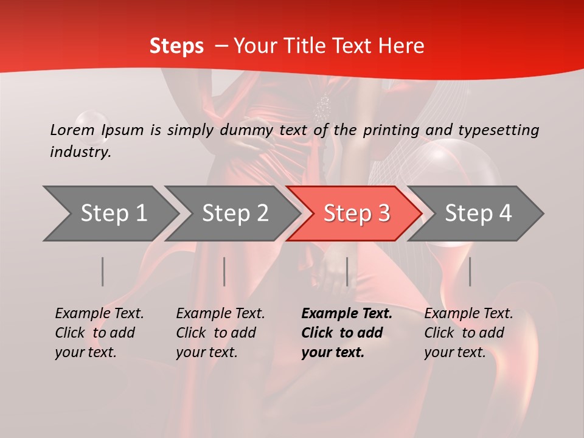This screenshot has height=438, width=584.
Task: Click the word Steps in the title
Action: pyautogui.click(x=176, y=46)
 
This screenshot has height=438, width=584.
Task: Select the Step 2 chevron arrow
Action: pyautogui.click(x=235, y=214)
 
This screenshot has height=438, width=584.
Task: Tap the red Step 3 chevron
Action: pyautogui.click(x=356, y=214)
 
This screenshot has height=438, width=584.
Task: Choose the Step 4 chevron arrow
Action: pyautogui.click(x=478, y=214)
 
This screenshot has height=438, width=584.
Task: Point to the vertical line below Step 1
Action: pyautogui.click(x=103, y=271)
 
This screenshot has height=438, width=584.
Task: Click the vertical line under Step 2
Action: pyautogui.click(x=224, y=271)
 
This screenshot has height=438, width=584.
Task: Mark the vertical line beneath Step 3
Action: pyautogui.click(x=347, y=271)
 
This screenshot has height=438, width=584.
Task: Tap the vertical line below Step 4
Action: pyautogui.click(x=470, y=271)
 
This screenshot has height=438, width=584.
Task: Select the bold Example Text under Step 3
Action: pyautogui.click(x=347, y=333)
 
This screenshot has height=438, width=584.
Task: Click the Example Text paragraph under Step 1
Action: pyautogui.click(x=99, y=333)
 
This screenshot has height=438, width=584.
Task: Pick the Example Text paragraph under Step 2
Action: pyautogui.click(x=220, y=333)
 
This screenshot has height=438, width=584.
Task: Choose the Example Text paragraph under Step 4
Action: pyautogui.click(x=468, y=333)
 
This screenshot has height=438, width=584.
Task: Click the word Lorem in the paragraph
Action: pyautogui.click(x=72, y=130)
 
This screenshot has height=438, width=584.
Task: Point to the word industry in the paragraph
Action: pyautogui.click(x=80, y=151)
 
